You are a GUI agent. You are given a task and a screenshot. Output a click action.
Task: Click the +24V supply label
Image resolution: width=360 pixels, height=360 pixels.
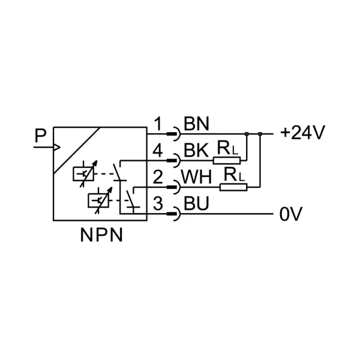302,133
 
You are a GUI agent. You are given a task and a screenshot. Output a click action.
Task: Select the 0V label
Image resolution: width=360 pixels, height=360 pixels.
291,214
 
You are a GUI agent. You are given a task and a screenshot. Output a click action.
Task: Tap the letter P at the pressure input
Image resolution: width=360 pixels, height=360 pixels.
40,136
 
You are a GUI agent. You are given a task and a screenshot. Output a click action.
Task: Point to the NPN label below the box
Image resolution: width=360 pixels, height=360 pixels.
101,235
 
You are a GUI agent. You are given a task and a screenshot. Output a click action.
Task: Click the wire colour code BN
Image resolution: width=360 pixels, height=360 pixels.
196,125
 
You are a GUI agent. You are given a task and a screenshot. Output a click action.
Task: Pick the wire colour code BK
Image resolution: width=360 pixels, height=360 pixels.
196,152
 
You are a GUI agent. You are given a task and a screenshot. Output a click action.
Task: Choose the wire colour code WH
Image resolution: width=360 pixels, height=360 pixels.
199,178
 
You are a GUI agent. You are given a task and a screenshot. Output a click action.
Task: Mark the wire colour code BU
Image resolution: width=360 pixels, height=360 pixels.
196,205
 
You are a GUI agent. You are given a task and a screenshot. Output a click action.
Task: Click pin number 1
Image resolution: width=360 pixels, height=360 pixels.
158,125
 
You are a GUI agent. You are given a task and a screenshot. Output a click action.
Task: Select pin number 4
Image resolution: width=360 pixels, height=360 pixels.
158,152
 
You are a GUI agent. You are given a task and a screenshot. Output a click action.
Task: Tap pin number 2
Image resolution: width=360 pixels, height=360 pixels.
158,178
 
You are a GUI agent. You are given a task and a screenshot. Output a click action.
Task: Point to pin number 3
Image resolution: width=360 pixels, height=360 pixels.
158,205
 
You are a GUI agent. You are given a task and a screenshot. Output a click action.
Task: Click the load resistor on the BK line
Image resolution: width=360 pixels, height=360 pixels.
227,160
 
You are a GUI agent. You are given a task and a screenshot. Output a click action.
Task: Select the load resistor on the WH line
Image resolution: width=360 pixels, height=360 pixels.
233,187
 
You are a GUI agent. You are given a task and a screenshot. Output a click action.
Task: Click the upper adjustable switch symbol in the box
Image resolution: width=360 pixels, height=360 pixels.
82,173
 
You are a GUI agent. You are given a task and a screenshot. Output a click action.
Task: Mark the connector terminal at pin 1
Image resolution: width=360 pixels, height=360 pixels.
174,134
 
